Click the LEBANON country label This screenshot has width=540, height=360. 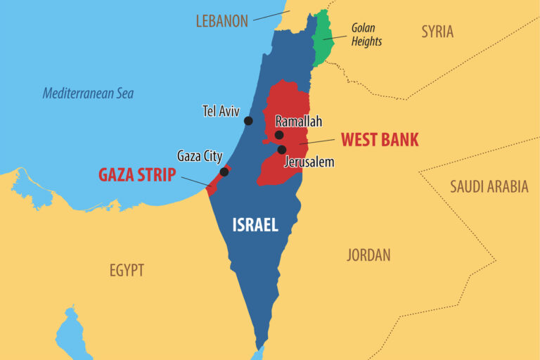pos(221,21)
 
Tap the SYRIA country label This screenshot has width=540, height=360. pos(437,31)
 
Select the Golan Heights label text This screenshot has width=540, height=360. pos(366,34)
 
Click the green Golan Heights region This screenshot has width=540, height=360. pos(323,39)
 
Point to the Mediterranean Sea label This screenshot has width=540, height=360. pos(88,93)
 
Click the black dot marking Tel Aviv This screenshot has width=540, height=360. pos(248,121)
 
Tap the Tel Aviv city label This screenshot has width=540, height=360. pos(221,110)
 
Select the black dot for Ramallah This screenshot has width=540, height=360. pos(279,135)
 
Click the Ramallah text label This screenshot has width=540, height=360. pos(298,121)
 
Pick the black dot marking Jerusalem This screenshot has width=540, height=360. pos(282,150)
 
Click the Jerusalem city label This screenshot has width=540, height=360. pos(309,162)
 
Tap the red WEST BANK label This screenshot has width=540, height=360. pos(380,139)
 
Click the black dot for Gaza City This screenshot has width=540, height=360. pos(224,172)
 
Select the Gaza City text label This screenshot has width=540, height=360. pos(200,156)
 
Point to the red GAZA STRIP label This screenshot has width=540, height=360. pos(136,175)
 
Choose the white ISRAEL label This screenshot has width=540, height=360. pos(255,225)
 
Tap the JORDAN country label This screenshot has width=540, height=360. pos(368,255)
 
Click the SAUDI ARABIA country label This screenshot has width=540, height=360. pos(489,186)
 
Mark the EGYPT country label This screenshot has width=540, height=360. pos(127,270)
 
